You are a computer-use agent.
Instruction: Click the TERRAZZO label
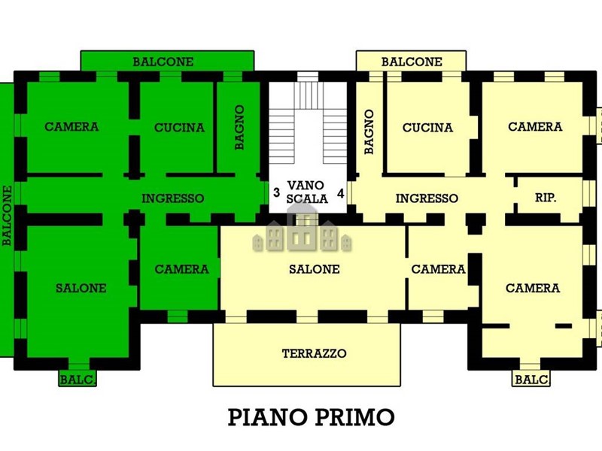(314, 353)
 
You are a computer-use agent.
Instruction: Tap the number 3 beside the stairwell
(276, 192)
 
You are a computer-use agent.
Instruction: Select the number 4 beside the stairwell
(341, 193)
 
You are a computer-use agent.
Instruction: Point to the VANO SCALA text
(306, 192)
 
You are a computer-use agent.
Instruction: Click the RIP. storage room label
(546, 198)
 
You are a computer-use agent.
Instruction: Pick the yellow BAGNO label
(369, 132)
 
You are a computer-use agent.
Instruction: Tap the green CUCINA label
(179, 127)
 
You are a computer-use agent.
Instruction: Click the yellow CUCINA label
(427, 127)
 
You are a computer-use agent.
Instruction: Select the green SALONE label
(81, 288)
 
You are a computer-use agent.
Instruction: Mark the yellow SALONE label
(314, 269)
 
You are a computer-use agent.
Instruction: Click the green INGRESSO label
(173, 198)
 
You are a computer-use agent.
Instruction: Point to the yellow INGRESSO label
(427, 198)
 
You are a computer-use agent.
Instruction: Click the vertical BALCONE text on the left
(7, 216)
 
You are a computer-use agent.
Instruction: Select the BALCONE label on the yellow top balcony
(412, 62)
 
